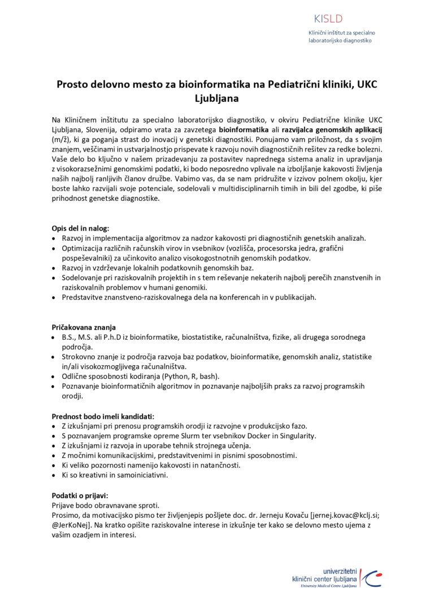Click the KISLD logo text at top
pos(328,19)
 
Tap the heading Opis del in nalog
pos(80,228)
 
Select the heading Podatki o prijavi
pos(84,495)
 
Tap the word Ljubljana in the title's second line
pos(216,98)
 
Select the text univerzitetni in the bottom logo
pos(337,572)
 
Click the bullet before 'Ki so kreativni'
pos(54,475)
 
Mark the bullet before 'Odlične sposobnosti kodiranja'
pos(54,376)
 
